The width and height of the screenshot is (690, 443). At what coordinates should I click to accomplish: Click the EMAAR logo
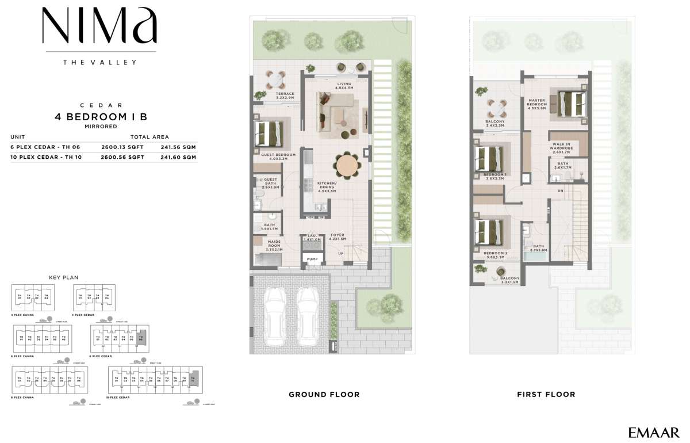pyautogui.click(x=653, y=431)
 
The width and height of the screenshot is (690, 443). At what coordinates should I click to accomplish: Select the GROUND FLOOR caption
pyautogui.click(x=324, y=394)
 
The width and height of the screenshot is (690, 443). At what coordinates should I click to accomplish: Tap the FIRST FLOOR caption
pyautogui.click(x=545, y=394)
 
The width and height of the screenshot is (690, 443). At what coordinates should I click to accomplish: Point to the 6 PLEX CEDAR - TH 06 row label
pyautogui.click(x=43, y=147)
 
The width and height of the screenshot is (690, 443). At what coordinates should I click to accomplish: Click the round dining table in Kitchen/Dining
pyautogui.click(x=347, y=166)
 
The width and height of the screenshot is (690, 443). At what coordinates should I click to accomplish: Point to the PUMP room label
pyautogui.click(x=312, y=259)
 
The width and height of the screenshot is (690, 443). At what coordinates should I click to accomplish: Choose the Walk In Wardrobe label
pyautogui.click(x=561, y=146)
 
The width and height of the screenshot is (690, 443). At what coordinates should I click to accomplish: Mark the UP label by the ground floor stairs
pyautogui.click(x=340, y=253)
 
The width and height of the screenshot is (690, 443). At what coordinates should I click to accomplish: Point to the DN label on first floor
pyautogui.click(x=560, y=190)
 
